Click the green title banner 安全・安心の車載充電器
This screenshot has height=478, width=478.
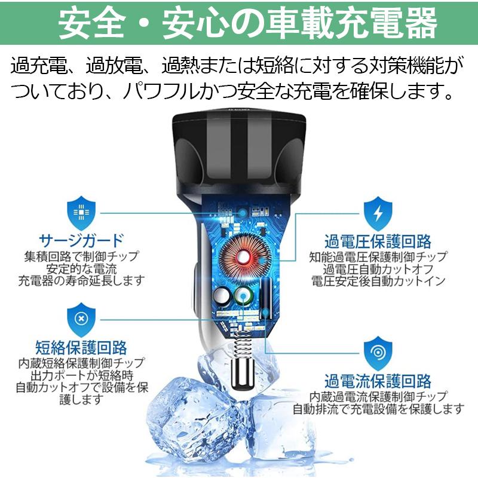click(239, 25)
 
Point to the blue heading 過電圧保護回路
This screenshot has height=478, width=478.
click(378, 241)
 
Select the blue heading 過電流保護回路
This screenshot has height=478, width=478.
click(378, 381)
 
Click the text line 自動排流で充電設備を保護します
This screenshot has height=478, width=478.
click(378, 409)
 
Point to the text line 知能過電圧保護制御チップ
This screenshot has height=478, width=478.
click(378, 257)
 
